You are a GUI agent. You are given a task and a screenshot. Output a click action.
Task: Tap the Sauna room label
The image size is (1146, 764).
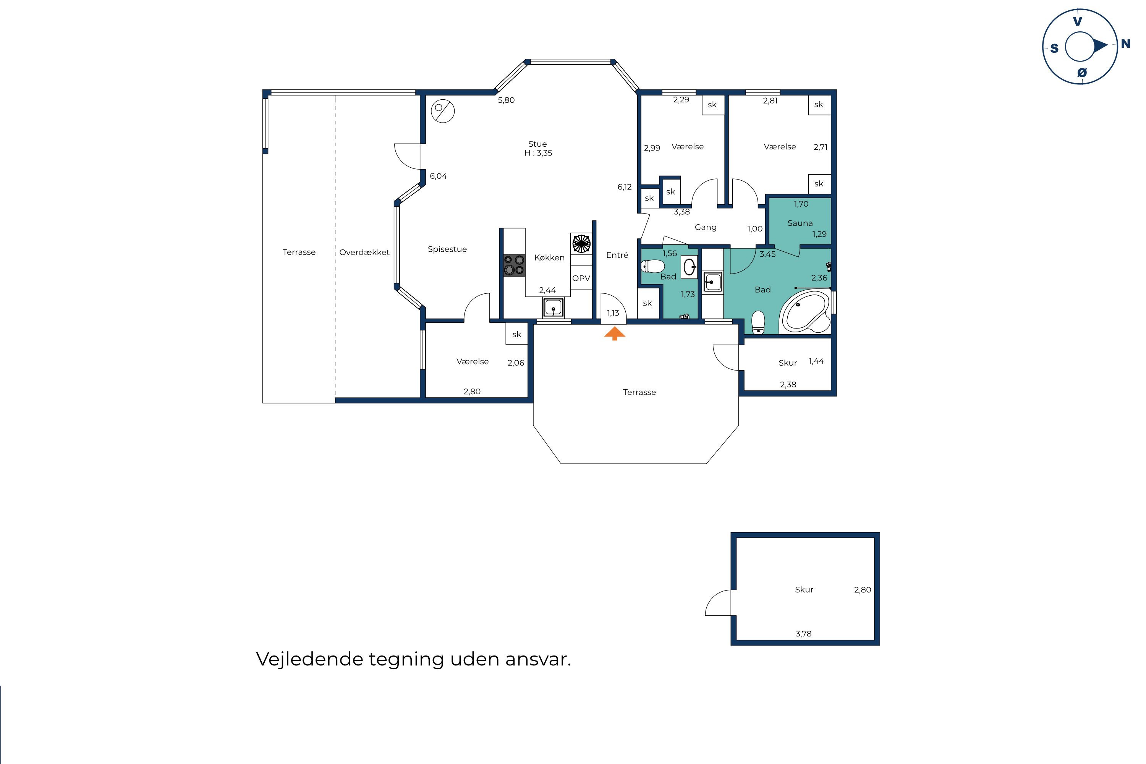pyautogui.click(x=800, y=223)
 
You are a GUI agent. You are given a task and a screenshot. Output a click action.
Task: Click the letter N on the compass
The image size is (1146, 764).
pyautogui.click(x=1125, y=44)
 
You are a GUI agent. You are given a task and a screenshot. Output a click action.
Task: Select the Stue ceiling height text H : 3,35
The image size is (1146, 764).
pyautogui.click(x=538, y=153)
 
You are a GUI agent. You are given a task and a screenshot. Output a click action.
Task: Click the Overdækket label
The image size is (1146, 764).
pyautogui.click(x=364, y=253)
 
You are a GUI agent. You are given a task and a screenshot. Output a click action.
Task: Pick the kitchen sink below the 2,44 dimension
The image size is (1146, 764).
pyautogui.click(x=554, y=308)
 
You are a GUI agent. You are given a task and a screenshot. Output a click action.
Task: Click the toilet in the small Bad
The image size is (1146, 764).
pyautogui.click(x=653, y=267)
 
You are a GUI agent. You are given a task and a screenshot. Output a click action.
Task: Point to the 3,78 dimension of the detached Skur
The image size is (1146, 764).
pyautogui.click(x=803, y=634)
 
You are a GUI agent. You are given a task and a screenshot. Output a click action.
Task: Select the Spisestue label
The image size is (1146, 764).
pyautogui.click(x=447, y=249)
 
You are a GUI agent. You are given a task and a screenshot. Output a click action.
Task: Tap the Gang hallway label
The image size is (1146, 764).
pyautogui.click(x=705, y=227)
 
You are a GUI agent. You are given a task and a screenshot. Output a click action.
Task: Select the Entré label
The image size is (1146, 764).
pyautogui.click(x=617, y=255)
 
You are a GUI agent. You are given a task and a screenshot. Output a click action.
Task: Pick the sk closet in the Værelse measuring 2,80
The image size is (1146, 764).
pyautogui.click(x=516, y=334)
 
